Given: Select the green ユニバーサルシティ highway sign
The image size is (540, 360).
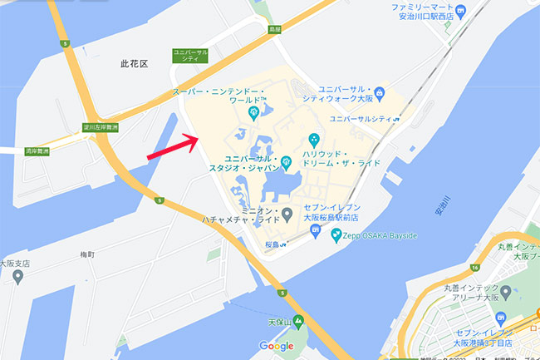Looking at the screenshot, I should point(189,55).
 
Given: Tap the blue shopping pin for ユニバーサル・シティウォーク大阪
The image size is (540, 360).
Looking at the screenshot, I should point(379,91).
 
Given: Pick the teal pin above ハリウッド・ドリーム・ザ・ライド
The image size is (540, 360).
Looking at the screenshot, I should point(314,139).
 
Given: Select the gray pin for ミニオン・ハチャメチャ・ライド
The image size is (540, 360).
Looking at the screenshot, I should point(287,215).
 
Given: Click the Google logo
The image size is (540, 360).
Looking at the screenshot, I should point(277,346).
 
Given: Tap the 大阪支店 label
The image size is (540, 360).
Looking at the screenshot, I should point(14,264).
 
